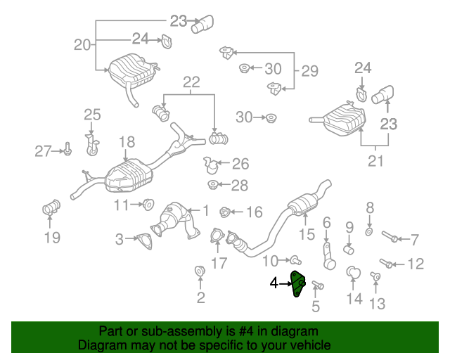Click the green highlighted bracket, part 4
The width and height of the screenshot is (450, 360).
coord(298,284)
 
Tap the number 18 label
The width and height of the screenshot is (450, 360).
coord(127,143)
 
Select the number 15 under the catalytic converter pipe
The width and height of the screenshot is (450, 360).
coord(307,234)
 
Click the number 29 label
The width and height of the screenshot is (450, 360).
coord(309,71)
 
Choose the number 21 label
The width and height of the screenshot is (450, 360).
coord(375,162)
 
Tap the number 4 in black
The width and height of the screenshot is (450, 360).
coord(274,284)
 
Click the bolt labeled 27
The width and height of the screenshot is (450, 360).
coord(67,149)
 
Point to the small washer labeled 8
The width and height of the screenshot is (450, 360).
coord(369,231)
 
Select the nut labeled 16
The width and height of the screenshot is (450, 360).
coord(226,211)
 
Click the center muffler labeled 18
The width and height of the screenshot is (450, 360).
coord(127,176)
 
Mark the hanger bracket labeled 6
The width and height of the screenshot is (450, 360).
coord(328,254)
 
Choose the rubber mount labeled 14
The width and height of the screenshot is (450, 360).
coord(353,271)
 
